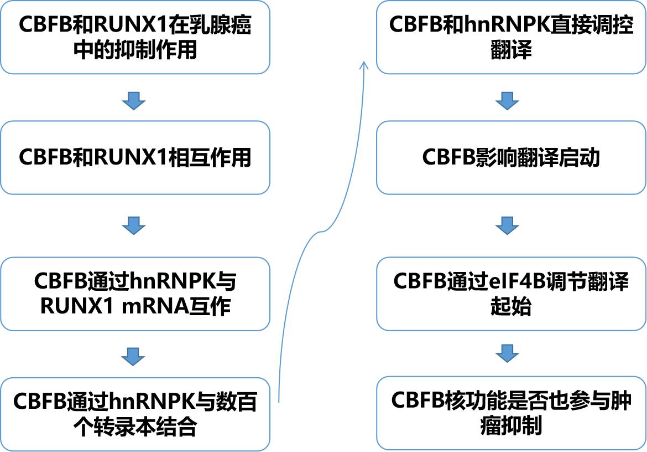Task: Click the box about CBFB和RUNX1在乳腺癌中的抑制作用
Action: pos(135,38)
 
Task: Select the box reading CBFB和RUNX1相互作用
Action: pos(135,158)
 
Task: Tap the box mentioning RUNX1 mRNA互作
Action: pos(135,294)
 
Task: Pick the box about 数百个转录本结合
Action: pos(135,414)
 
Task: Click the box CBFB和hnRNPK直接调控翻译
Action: pos(511,38)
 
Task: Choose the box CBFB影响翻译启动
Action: pos(511,158)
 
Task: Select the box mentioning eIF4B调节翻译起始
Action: pos(511,294)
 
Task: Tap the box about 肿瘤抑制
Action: pos(511,413)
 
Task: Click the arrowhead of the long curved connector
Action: pos(364,65)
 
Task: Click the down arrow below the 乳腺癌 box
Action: pos(133,101)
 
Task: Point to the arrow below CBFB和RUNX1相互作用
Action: pos(133,225)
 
